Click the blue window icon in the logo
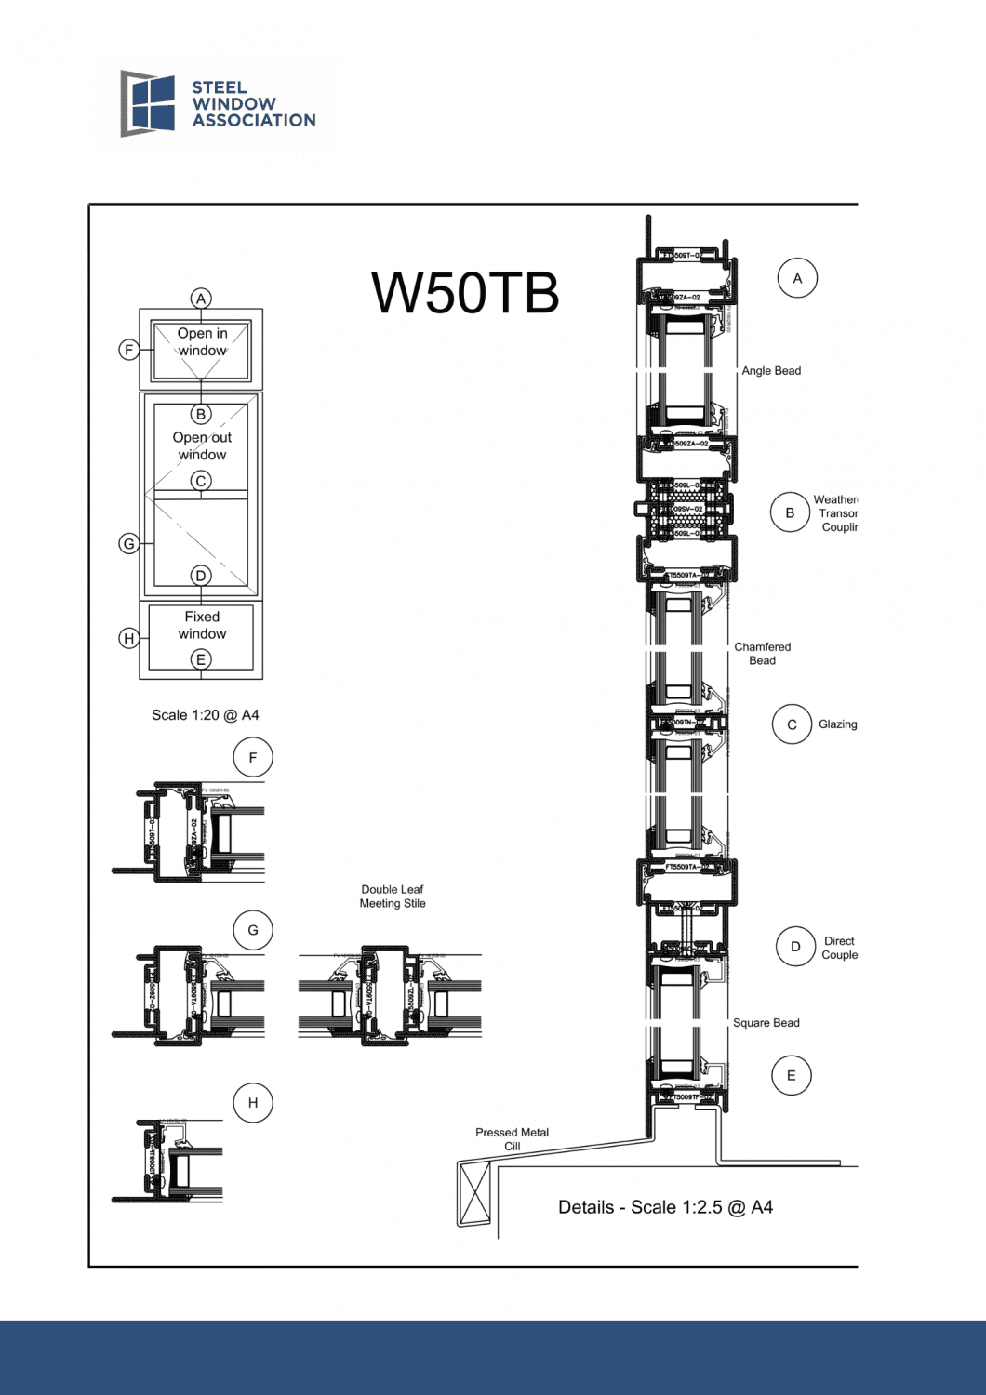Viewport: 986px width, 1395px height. tap(149, 103)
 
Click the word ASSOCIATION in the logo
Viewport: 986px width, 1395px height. tap(254, 121)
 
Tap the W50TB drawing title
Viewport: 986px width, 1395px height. tap(465, 293)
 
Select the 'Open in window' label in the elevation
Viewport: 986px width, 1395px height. tap(202, 342)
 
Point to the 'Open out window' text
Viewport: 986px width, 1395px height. tap(202, 445)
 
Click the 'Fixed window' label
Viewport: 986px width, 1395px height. tap(202, 625)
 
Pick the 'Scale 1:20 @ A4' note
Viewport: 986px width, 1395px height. tap(205, 715)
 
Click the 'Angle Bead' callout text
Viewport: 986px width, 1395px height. tap(770, 371)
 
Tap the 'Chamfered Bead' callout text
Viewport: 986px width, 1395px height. tap(762, 654)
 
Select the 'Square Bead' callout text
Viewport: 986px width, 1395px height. tap(766, 1023)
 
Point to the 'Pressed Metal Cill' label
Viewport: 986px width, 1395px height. tap(512, 1139)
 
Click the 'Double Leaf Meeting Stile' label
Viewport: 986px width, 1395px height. tap(393, 897)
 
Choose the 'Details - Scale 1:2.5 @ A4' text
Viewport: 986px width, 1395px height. tap(665, 1207)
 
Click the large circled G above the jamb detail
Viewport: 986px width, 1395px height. tap(253, 930)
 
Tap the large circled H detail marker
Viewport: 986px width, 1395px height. tap(253, 1103)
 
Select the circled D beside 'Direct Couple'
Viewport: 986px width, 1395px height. tap(795, 947)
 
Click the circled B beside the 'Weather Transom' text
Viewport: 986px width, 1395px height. tap(790, 512)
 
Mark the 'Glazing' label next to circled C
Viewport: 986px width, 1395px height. tap(837, 724)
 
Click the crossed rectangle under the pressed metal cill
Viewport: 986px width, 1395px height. tap(474, 1193)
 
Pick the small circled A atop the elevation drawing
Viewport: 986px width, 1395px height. tap(201, 299)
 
